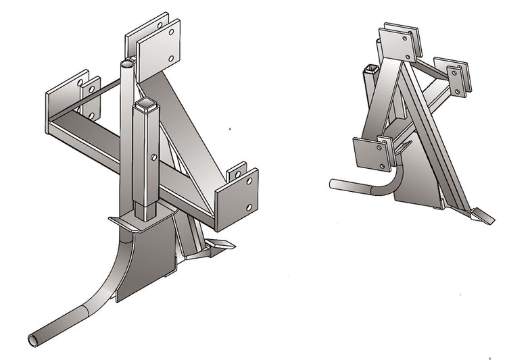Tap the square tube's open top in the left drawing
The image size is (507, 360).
pyautogui.click(x=146, y=105)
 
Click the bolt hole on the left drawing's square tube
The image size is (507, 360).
pyautogui.click(x=155, y=157)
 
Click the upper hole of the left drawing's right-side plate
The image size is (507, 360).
pyautogui.click(x=249, y=182)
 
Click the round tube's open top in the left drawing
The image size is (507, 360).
pyautogui.click(x=128, y=63)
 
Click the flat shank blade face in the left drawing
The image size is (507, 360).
pyautogui.click(x=145, y=260)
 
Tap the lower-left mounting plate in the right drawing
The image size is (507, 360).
pyautogui.click(x=371, y=154)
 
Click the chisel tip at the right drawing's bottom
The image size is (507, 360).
pyautogui.click(x=483, y=217)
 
